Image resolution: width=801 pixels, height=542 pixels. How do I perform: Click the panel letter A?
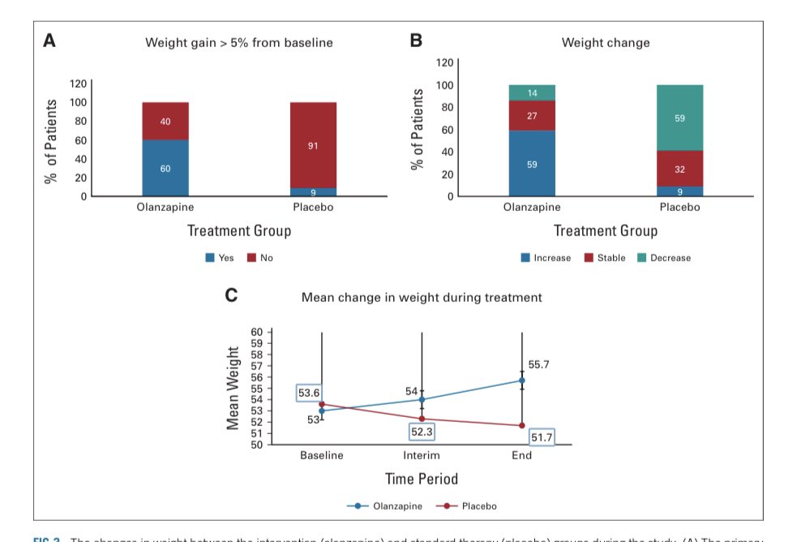click(x=49, y=41)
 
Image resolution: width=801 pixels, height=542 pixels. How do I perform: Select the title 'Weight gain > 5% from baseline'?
click(x=238, y=42)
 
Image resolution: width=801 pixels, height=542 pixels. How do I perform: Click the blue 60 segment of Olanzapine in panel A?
click(x=165, y=168)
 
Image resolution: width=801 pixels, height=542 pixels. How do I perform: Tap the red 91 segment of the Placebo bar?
click(x=313, y=145)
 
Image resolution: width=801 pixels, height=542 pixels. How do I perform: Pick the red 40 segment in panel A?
click(x=165, y=121)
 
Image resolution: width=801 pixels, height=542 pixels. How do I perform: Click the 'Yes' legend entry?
click(x=220, y=258)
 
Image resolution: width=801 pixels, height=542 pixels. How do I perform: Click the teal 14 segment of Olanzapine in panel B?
click(x=532, y=92)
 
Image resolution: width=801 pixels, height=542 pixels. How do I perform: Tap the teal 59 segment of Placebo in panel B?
click(x=679, y=118)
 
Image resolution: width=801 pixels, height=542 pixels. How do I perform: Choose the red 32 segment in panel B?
click(x=679, y=169)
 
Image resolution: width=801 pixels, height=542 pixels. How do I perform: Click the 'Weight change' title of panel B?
click(x=606, y=42)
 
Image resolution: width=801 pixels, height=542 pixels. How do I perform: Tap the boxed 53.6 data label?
click(x=309, y=394)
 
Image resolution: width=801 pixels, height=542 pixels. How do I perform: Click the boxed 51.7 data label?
click(x=541, y=438)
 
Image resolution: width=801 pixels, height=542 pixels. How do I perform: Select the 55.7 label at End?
click(x=538, y=365)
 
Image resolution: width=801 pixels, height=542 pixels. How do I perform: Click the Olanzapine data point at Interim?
click(x=422, y=399)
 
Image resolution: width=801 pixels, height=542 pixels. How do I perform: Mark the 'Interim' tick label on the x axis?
click(x=422, y=455)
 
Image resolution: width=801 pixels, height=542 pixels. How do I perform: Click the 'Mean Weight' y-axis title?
click(x=233, y=389)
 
